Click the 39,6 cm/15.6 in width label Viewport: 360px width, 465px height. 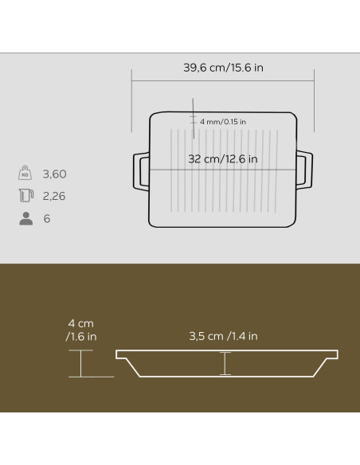(x=223, y=68)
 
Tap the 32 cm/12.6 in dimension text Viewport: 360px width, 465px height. (x=223, y=159)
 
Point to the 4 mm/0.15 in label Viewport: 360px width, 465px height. (x=223, y=122)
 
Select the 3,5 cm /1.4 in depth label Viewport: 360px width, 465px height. (x=223, y=336)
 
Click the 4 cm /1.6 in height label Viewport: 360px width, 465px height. (x=81, y=330)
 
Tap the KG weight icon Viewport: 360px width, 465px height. (x=25, y=173)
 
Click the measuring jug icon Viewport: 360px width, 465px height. (x=26, y=195)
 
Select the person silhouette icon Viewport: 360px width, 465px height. (x=26, y=218)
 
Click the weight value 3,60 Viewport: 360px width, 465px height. (x=55, y=174)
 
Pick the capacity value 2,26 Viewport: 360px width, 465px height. (x=54, y=196)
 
